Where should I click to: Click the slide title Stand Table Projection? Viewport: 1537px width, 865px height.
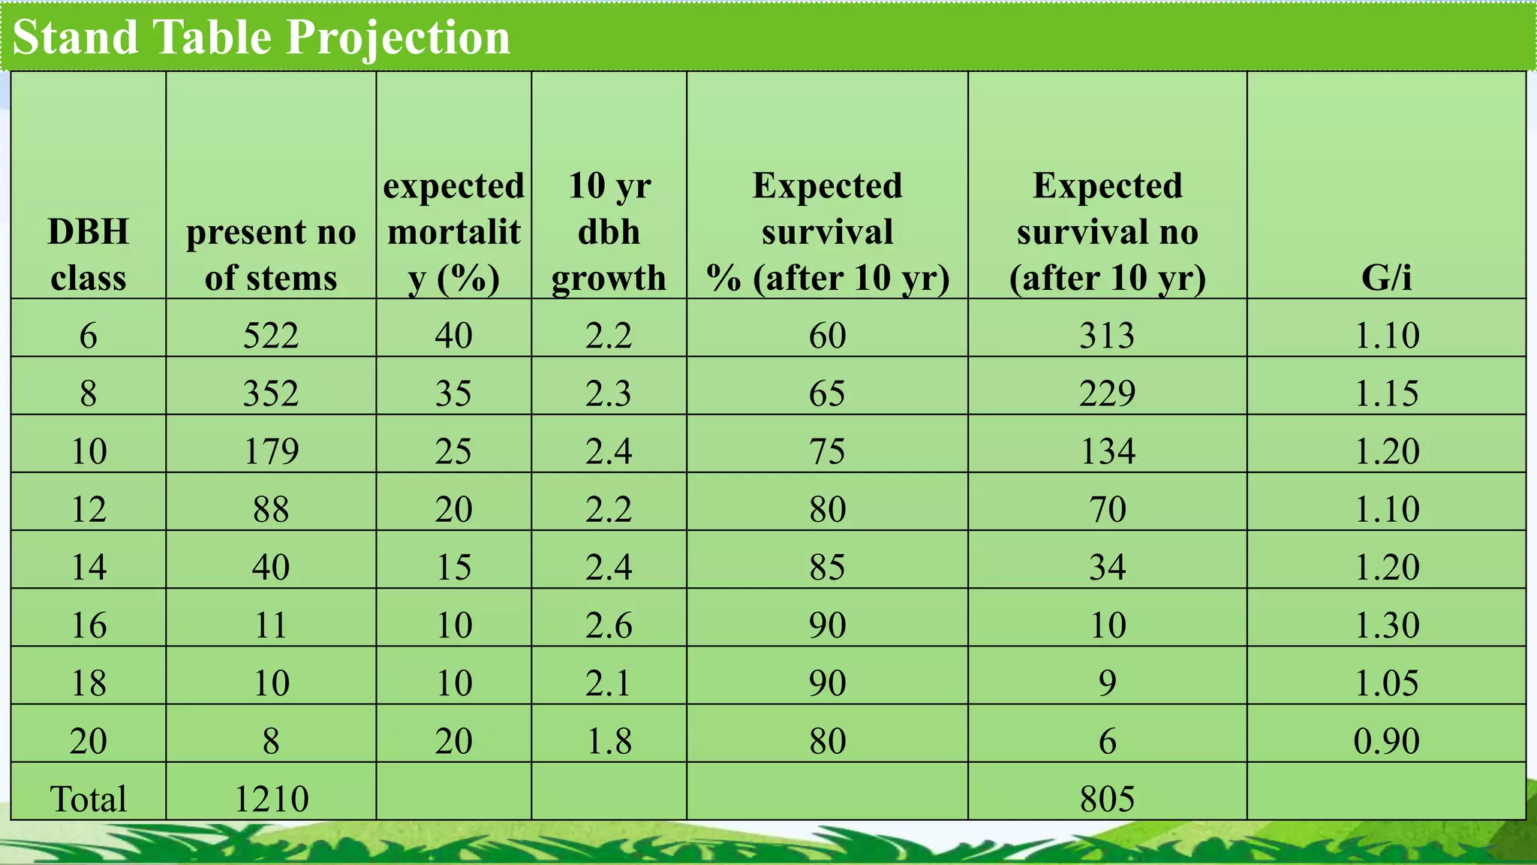click(x=261, y=37)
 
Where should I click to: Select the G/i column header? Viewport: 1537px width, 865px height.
click(x=1386, y=277)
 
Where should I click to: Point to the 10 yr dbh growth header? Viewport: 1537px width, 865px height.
click(x=609, y=231)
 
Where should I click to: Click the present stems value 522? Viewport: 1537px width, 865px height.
click(x=271, y=335)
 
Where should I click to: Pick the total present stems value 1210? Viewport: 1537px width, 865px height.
click(x=271, y=798)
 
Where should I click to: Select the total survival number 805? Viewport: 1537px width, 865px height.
click(x=1107, y=798)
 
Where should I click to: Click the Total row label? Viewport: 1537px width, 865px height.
click(x=88, y=798)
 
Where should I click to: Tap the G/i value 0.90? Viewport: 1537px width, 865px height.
click(x=1386, y=740)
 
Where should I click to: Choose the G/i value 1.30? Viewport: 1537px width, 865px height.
click(x=1386, y=625)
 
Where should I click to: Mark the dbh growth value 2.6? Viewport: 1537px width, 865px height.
click(x=609, y=625)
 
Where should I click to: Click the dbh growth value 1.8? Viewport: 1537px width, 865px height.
click(x=609, y=740)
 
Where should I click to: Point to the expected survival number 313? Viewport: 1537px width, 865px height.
click(x=1107, y=335)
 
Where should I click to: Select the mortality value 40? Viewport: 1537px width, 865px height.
click(x=453, y=335)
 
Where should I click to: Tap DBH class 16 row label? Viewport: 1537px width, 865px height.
click(x=88, y=625)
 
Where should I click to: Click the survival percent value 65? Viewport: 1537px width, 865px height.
click(x=827, y=393)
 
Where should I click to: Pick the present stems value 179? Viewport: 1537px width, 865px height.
click(x=271, y=451)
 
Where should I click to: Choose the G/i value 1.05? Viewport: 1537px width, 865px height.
click(x=1386, y=683)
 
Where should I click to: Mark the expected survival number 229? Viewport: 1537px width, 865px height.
click(x=1107, y=393)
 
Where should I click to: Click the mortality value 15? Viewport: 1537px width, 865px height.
click(x=453, y=567)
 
